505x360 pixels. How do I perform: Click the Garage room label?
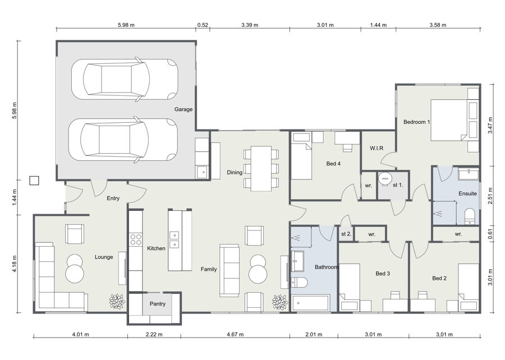click(183, 109)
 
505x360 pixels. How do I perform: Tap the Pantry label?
click(158, 304)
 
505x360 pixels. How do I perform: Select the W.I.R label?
click(377, 148)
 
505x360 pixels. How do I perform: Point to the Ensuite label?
click(467, 193)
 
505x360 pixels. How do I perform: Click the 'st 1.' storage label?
click(398, 185)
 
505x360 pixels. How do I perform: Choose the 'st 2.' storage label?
click(346, 234)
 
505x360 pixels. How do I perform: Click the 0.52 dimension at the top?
click(203, 25)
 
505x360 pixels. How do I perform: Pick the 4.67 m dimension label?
click(235, 335)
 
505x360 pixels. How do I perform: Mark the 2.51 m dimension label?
click(490, 196)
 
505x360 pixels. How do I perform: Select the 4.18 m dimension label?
click(15, 264)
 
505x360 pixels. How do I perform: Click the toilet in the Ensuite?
click(470, 216)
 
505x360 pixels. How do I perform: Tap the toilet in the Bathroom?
click(299, 283)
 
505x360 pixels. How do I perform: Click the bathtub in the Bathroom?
click(311, 303)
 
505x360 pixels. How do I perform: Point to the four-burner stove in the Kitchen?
click(136, 239)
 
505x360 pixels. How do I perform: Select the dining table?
click(261, 169)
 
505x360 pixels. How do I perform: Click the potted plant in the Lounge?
click(117, 302)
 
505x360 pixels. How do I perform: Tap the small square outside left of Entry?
click(34, 181)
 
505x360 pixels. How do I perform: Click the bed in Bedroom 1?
click(454, 120)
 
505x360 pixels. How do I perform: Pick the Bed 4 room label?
click(333, 164)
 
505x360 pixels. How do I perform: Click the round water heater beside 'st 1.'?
click(384, 178)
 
